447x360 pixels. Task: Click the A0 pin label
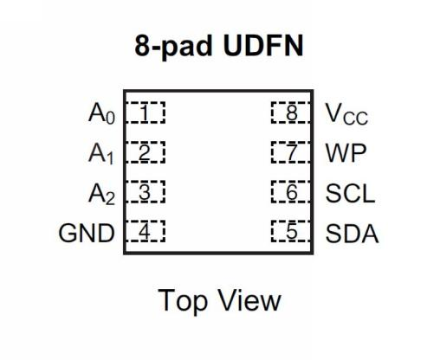(x=101, y=113)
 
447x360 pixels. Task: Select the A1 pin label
(x=101, y=154)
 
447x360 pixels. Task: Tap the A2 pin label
(x=101, y=194)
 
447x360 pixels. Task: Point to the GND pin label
(x=87, y=233)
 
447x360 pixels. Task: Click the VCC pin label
(x=347, y=114)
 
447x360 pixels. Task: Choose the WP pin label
(x=346, y=153)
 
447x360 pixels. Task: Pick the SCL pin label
(x=350, y=193)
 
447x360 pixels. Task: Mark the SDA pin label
(x=352, y=233)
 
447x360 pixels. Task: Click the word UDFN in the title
(x=263, y=46)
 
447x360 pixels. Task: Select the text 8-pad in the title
(x=173, y=47)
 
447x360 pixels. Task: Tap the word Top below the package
(x=183, y=301)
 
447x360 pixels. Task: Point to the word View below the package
(x=249, y=300)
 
